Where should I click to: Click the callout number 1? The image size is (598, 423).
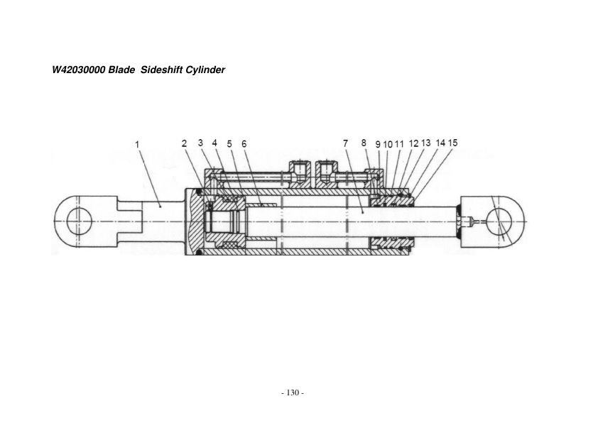[x=137, y=145]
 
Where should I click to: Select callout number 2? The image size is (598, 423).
[x=184, y=143]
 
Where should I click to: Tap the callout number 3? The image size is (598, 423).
[x=201, y=143]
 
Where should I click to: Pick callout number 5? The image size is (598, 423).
[x=229, y=143]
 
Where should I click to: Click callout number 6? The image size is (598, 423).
[x=244, y=143]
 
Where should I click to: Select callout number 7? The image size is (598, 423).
[x=346, y=143]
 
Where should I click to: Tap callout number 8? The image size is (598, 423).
[x=364, y=143]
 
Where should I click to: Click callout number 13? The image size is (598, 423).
[x=426, y=143]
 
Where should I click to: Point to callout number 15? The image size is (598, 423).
[x=452, y=143]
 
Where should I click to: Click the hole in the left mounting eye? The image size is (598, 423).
[x=79, y=221]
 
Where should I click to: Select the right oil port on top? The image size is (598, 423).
[x=326, y=171]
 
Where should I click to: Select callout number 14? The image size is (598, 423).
[x=440, y=143]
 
